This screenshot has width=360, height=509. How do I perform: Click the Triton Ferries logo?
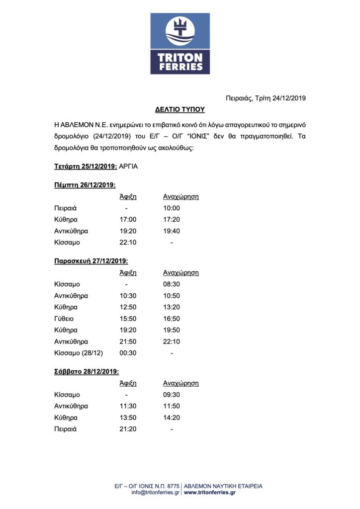point(180,44)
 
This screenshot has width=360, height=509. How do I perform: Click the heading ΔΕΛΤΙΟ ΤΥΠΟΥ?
point(180,109)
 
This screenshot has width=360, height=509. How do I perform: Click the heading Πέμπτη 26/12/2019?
point(85,185)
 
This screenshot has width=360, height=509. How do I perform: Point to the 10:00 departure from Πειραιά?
point(172,208)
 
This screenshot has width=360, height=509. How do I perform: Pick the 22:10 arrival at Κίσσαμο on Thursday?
point(128,243)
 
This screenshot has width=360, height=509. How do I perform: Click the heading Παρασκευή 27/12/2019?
point(91,261)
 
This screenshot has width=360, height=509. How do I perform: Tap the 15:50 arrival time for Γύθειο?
point(128,319)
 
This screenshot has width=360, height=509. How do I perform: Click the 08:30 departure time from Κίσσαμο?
point(172,284)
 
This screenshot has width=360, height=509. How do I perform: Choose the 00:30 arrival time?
point(128,353)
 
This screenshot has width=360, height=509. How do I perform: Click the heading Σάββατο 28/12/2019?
point(87,371)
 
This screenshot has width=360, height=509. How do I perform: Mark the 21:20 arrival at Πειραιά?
point(128,429)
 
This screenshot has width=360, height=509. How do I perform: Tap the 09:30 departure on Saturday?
point(172,395)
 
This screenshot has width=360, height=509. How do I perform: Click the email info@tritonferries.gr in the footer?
point(155,492)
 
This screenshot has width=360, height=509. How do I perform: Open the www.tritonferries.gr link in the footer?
point(209,492)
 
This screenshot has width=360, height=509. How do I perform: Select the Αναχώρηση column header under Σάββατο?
point(181,383)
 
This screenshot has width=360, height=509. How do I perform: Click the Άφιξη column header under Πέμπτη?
point(128,196)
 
